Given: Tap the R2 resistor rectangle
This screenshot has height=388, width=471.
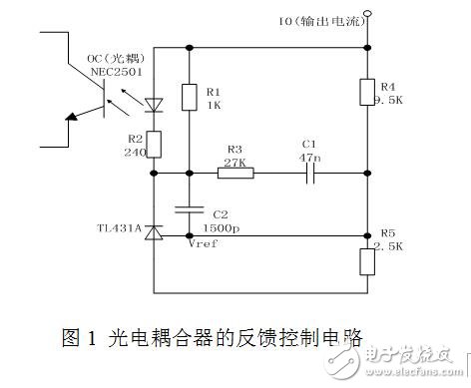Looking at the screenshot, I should pos(155,143).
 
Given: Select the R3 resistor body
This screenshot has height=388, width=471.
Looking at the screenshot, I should pos(236,173).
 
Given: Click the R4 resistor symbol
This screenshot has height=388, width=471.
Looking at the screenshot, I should pos(368,93).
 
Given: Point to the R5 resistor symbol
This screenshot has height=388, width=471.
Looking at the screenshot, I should pos(368,261).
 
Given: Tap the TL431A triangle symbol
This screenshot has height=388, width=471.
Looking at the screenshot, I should pos(155,231).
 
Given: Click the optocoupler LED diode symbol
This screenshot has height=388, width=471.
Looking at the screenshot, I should pos(155,103).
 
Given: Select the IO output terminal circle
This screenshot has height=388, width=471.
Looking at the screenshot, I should pos(368,14).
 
